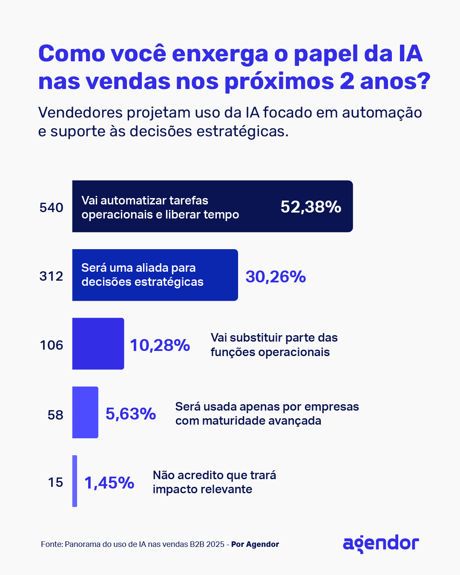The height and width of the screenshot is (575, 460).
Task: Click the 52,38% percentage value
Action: pos(310,207)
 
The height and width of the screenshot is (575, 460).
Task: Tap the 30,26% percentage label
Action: pos(276,277)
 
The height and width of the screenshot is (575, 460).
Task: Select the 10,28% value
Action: pos(160,345)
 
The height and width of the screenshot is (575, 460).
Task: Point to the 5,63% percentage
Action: pos(131,414)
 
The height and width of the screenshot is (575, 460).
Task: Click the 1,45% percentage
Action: pos(109,483)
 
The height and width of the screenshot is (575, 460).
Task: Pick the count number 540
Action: pos(52,208)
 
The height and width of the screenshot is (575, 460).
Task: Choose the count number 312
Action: pos(52,276)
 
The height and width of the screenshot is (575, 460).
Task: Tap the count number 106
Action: pos(52,345)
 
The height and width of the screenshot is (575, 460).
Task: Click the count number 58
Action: pos(55,415)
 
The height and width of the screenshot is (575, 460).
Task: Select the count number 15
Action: pos(55,483)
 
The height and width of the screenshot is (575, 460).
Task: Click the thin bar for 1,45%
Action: pos(75,481)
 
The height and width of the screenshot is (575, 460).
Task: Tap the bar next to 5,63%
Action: pos(85,412)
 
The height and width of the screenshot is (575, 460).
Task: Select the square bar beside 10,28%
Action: pos(98,344)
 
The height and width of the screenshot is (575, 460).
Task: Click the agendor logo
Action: pos(381,543)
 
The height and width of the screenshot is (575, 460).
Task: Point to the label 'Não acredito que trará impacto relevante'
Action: pos(214,482)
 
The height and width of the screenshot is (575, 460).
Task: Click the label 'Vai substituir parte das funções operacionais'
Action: pos(274,345)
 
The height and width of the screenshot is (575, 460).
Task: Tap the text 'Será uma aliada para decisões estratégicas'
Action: pos(142,275)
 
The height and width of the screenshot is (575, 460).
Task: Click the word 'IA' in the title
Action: pos(410,54)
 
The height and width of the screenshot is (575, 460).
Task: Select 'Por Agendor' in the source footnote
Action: pos(255,544)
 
